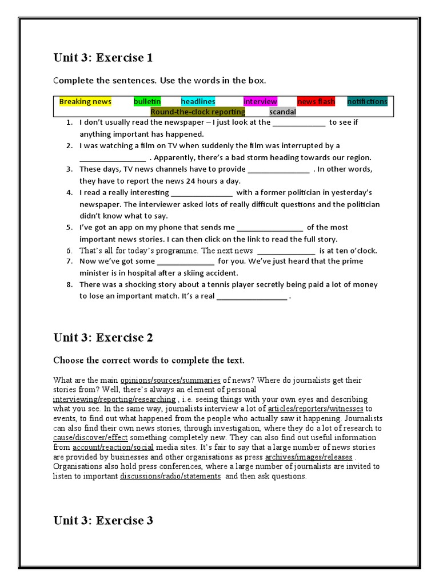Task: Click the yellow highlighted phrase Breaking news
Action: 85,102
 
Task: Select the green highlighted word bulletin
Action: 147,102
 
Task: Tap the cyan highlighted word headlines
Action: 198,102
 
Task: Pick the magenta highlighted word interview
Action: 260,102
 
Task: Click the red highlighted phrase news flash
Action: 316,102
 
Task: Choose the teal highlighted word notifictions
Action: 367,102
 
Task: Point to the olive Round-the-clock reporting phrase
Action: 198,112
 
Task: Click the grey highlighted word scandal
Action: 282,112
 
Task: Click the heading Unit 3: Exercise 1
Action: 103,58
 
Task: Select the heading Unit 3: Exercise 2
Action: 103,338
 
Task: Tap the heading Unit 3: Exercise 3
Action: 103,520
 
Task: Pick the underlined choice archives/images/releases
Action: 309,457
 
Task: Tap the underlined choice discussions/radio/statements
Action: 170,476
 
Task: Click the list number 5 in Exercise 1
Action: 69,228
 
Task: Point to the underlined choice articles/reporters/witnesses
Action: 315,409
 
